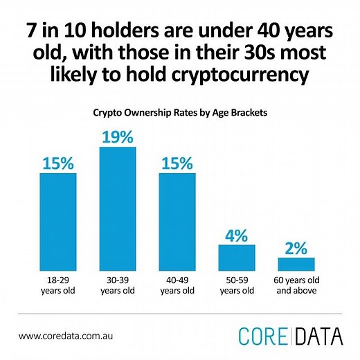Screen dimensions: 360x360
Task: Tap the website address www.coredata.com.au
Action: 71,336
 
